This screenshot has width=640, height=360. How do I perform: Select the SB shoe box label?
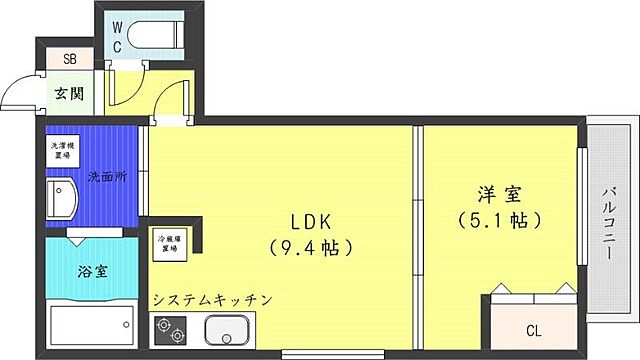pyautogui.click(x=69, y=58)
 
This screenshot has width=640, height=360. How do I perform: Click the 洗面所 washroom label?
pyautogui.click(x=107, y=176)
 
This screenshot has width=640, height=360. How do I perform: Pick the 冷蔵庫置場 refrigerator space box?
pyautogui.click(x=168, y=245)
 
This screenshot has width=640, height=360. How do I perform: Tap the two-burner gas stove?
pyautogui.click(x=168, y=328)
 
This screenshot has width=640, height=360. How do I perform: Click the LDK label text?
pyautogui.click(x=311, y=218)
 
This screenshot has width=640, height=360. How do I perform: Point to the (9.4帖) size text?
pyautogui.click(x=311, y=245)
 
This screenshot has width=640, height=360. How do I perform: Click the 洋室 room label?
pyautogui.click(x=497, y=192)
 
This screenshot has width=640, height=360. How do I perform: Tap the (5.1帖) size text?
pyautogui.click(x=497, y=219)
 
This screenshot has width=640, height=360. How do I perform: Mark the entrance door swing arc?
pyautogui.click(x=14, y=92)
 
